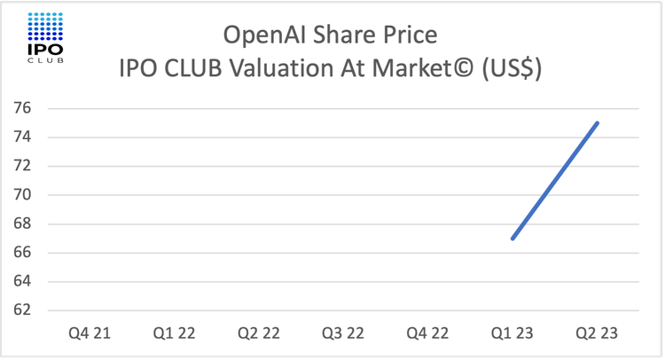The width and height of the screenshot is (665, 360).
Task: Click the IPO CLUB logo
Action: point(46,38)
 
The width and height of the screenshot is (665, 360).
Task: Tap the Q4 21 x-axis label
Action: point(90,333)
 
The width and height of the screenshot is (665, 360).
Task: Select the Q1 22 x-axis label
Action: point(174,333)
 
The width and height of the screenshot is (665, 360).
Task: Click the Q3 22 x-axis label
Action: point(343,333)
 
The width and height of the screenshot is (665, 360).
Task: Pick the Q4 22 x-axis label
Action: point(427,333)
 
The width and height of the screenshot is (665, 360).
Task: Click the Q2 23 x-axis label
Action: point(596,333)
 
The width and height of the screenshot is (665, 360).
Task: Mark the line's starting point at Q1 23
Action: point(512,239)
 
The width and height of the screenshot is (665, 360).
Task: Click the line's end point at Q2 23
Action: point(597,123)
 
